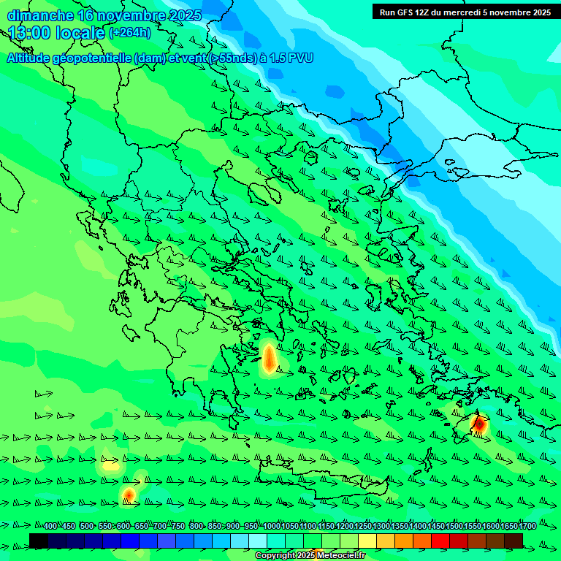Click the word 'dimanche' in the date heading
coord(40,15)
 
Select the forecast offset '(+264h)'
coord(129,33)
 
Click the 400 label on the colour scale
coord(50,527)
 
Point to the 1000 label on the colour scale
coord(271,527)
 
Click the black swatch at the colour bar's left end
coord(39,541)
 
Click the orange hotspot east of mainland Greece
coord(269,358)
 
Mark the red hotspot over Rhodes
coord(480,424)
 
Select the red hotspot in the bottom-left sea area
coord(129,495)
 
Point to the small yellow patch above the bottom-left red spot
coord(110,465)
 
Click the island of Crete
coord(321,478)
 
